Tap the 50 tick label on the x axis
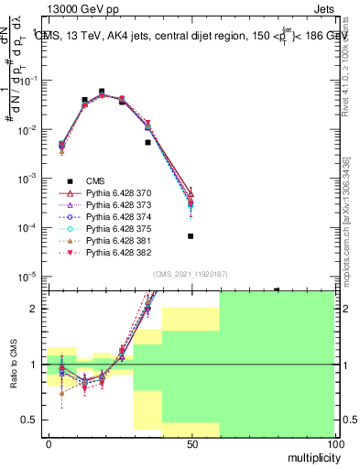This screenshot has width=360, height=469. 191,443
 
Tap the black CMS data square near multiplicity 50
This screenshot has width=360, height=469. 191,236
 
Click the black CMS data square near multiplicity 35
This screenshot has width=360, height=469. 148,142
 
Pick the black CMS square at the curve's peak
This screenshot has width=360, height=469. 102,92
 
